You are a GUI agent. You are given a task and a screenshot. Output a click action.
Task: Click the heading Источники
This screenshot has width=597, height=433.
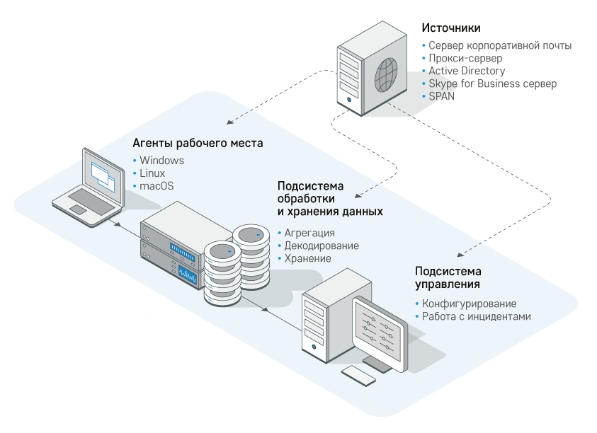tap(451, 29)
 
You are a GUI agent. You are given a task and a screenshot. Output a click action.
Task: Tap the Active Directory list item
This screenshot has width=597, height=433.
tap(467, 71)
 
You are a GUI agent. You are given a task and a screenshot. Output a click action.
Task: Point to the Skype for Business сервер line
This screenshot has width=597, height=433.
tap(492, 83)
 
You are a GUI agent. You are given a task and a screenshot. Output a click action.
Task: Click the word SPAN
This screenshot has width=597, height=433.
tap(441, 96)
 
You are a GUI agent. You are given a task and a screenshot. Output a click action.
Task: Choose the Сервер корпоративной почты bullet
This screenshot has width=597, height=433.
tap(500, 45)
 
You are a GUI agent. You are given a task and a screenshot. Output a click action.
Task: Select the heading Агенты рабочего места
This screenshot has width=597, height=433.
tap(198, 143)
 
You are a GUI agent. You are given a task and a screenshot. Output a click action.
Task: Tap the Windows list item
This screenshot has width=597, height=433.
tap(161, 161)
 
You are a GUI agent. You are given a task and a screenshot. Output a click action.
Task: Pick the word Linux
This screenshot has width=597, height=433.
tap(152, 173)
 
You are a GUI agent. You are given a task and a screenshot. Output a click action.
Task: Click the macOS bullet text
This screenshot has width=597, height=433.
tap(157, 186)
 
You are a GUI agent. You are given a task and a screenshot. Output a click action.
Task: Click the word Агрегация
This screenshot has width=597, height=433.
tap(309, 233)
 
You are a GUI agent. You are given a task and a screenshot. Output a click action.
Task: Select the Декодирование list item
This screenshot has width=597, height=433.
tap(322, 246)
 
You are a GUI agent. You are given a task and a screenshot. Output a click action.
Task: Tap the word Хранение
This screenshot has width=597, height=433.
tap(308, 258)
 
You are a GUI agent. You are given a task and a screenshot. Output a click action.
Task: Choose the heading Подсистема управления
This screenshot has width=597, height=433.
tap(448, 277)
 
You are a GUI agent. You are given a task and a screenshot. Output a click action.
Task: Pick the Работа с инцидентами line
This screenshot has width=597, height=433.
tap(476, 316)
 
